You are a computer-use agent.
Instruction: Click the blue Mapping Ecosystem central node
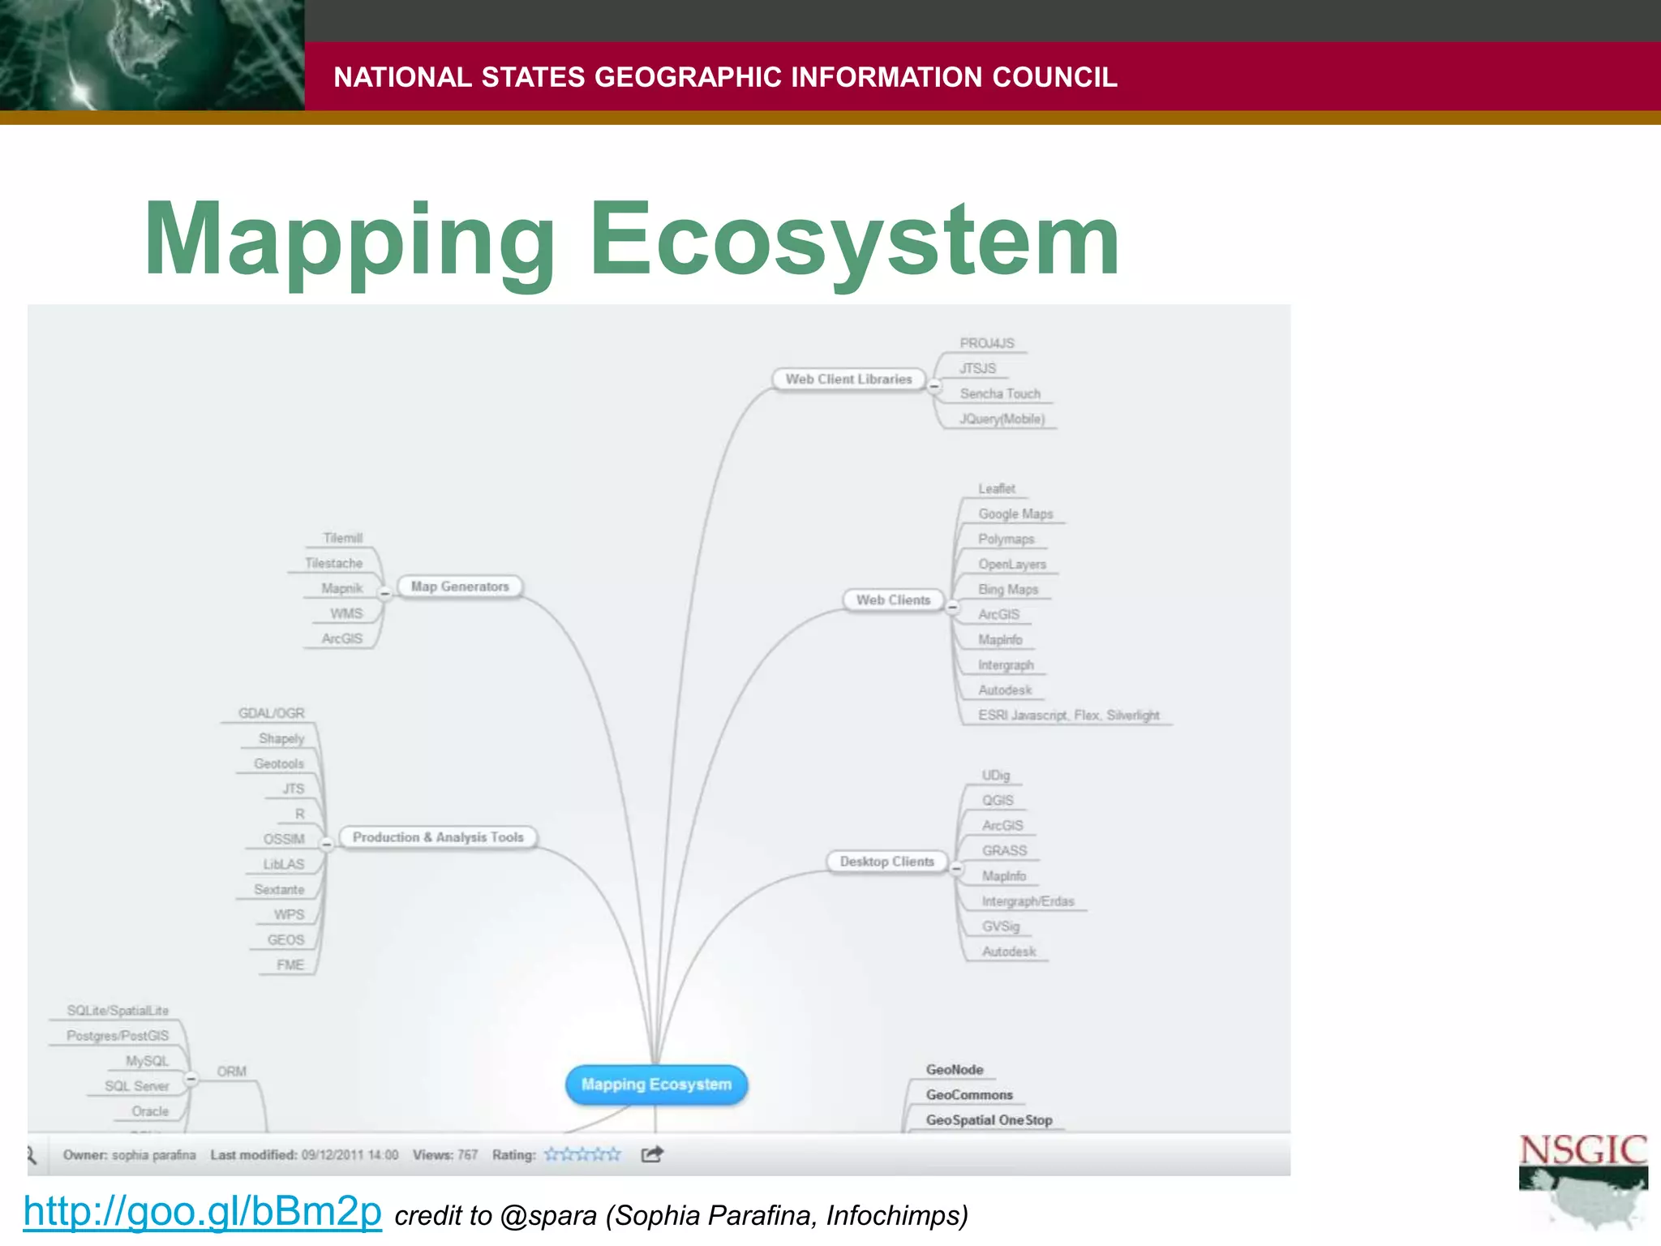click(656, 1085)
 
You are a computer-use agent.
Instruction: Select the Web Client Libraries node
click(848, 379)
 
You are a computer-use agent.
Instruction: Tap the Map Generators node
click(460, 586)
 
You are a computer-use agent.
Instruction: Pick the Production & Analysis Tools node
click(438, 837)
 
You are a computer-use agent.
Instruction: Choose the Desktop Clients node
click(886, 861)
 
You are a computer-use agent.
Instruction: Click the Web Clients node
click(893, 600)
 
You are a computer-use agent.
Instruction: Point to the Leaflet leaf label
click(996, 488)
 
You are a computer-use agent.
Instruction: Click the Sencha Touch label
click(1000, 393)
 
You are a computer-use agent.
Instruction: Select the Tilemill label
click(342, 538)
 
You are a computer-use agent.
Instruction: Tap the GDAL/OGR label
click(271, 713)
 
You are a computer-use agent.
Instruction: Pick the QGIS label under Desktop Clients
click(998, 801)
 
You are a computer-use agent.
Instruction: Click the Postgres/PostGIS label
click(118, 1036)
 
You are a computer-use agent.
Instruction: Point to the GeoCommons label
click(969, 1095)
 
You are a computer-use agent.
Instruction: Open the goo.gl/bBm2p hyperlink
click(202, 1211)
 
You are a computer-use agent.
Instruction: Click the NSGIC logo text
click(1582, 1151)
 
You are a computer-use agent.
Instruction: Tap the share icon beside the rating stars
click(652, 1154)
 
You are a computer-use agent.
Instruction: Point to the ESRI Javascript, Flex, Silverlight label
click(1068, 715)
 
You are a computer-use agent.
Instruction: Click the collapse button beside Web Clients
click(953, 607)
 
